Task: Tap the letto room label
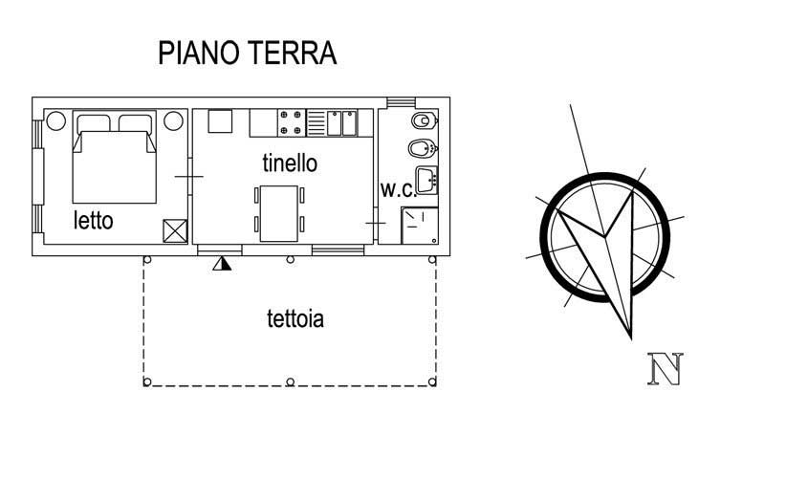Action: coord(94,221)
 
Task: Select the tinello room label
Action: coord(290,163)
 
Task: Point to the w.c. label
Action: coord(396,189)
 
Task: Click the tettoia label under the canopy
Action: coord(295,318)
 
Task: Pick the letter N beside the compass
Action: coord(665,369)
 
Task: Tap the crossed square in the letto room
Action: coord(174,230)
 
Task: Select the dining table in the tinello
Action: coord(278,212)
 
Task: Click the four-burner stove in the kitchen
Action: coord(292,123)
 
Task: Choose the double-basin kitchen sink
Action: coord(342,123)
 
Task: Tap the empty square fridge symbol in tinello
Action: coord(220,121)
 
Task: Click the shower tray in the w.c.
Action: coord(420,224)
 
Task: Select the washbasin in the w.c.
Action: coord(426,179)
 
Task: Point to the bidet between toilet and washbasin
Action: coord(422,149)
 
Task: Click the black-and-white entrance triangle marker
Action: coord(222,261)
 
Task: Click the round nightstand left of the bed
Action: coord(55,121)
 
